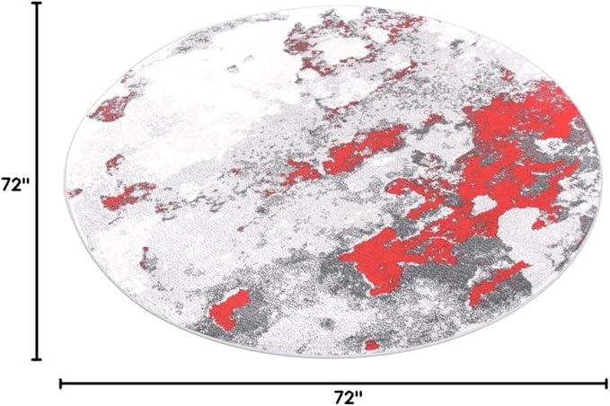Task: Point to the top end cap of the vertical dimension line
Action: pos(37,4)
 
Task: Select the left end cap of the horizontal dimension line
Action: pos(61,384)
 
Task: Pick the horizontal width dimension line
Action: pos(225,384)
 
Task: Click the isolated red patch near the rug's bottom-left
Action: pos(228,306)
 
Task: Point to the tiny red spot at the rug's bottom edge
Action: pos(371,345)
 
